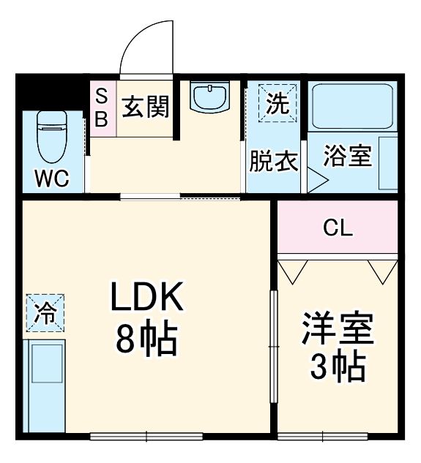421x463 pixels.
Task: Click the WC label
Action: (51, 178)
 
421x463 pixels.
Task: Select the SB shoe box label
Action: (103, 107)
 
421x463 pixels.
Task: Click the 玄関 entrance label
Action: (145, 107)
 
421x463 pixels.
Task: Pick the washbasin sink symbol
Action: (209, 97)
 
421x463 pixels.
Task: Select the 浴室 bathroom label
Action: (348, 157)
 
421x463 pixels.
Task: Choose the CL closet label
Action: (338, 228)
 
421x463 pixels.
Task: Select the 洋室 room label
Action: (338, 331)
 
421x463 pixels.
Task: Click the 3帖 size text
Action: (338, 367)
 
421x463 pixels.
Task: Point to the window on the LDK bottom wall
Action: (146, 437)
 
